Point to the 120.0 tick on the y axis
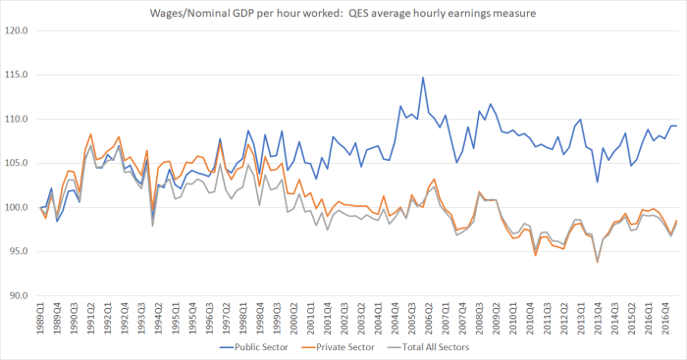click(x=17, y=30)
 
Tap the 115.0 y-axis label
click(x=17, y=75)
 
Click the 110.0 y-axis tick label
click(x=17, y=119)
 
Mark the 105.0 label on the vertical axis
click(x=17, y=163)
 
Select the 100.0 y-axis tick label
click(x=17, y=207)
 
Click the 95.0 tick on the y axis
click(x=19, y=251)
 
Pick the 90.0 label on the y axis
click(x=19, y=295)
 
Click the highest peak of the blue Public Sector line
click(x=423, y=77)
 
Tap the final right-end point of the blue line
click(x=676, y=126)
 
